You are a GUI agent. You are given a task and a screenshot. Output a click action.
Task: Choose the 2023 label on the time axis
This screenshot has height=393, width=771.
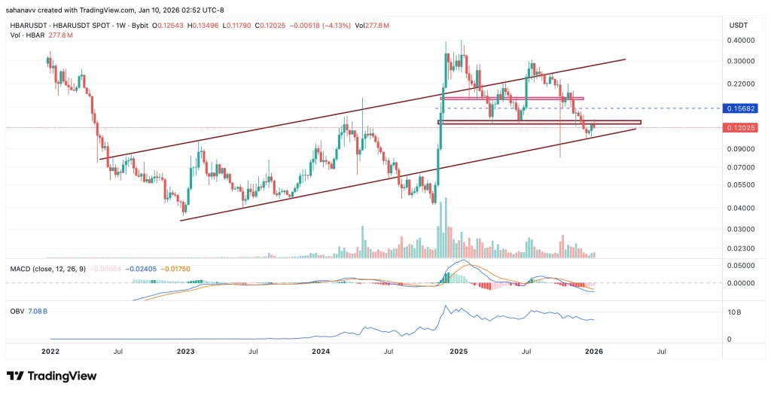coord(186,351)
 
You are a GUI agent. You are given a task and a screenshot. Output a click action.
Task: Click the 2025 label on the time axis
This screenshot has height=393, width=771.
coord(459,351)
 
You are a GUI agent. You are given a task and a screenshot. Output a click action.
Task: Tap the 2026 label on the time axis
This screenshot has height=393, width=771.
coord(594,351)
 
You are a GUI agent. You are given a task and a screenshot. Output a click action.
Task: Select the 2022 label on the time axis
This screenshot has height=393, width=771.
coord(50,351)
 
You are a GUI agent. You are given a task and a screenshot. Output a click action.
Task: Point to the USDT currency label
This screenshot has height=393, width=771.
coord(738,26)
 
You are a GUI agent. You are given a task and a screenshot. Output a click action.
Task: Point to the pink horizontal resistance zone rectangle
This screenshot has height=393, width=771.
coord(512,99)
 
